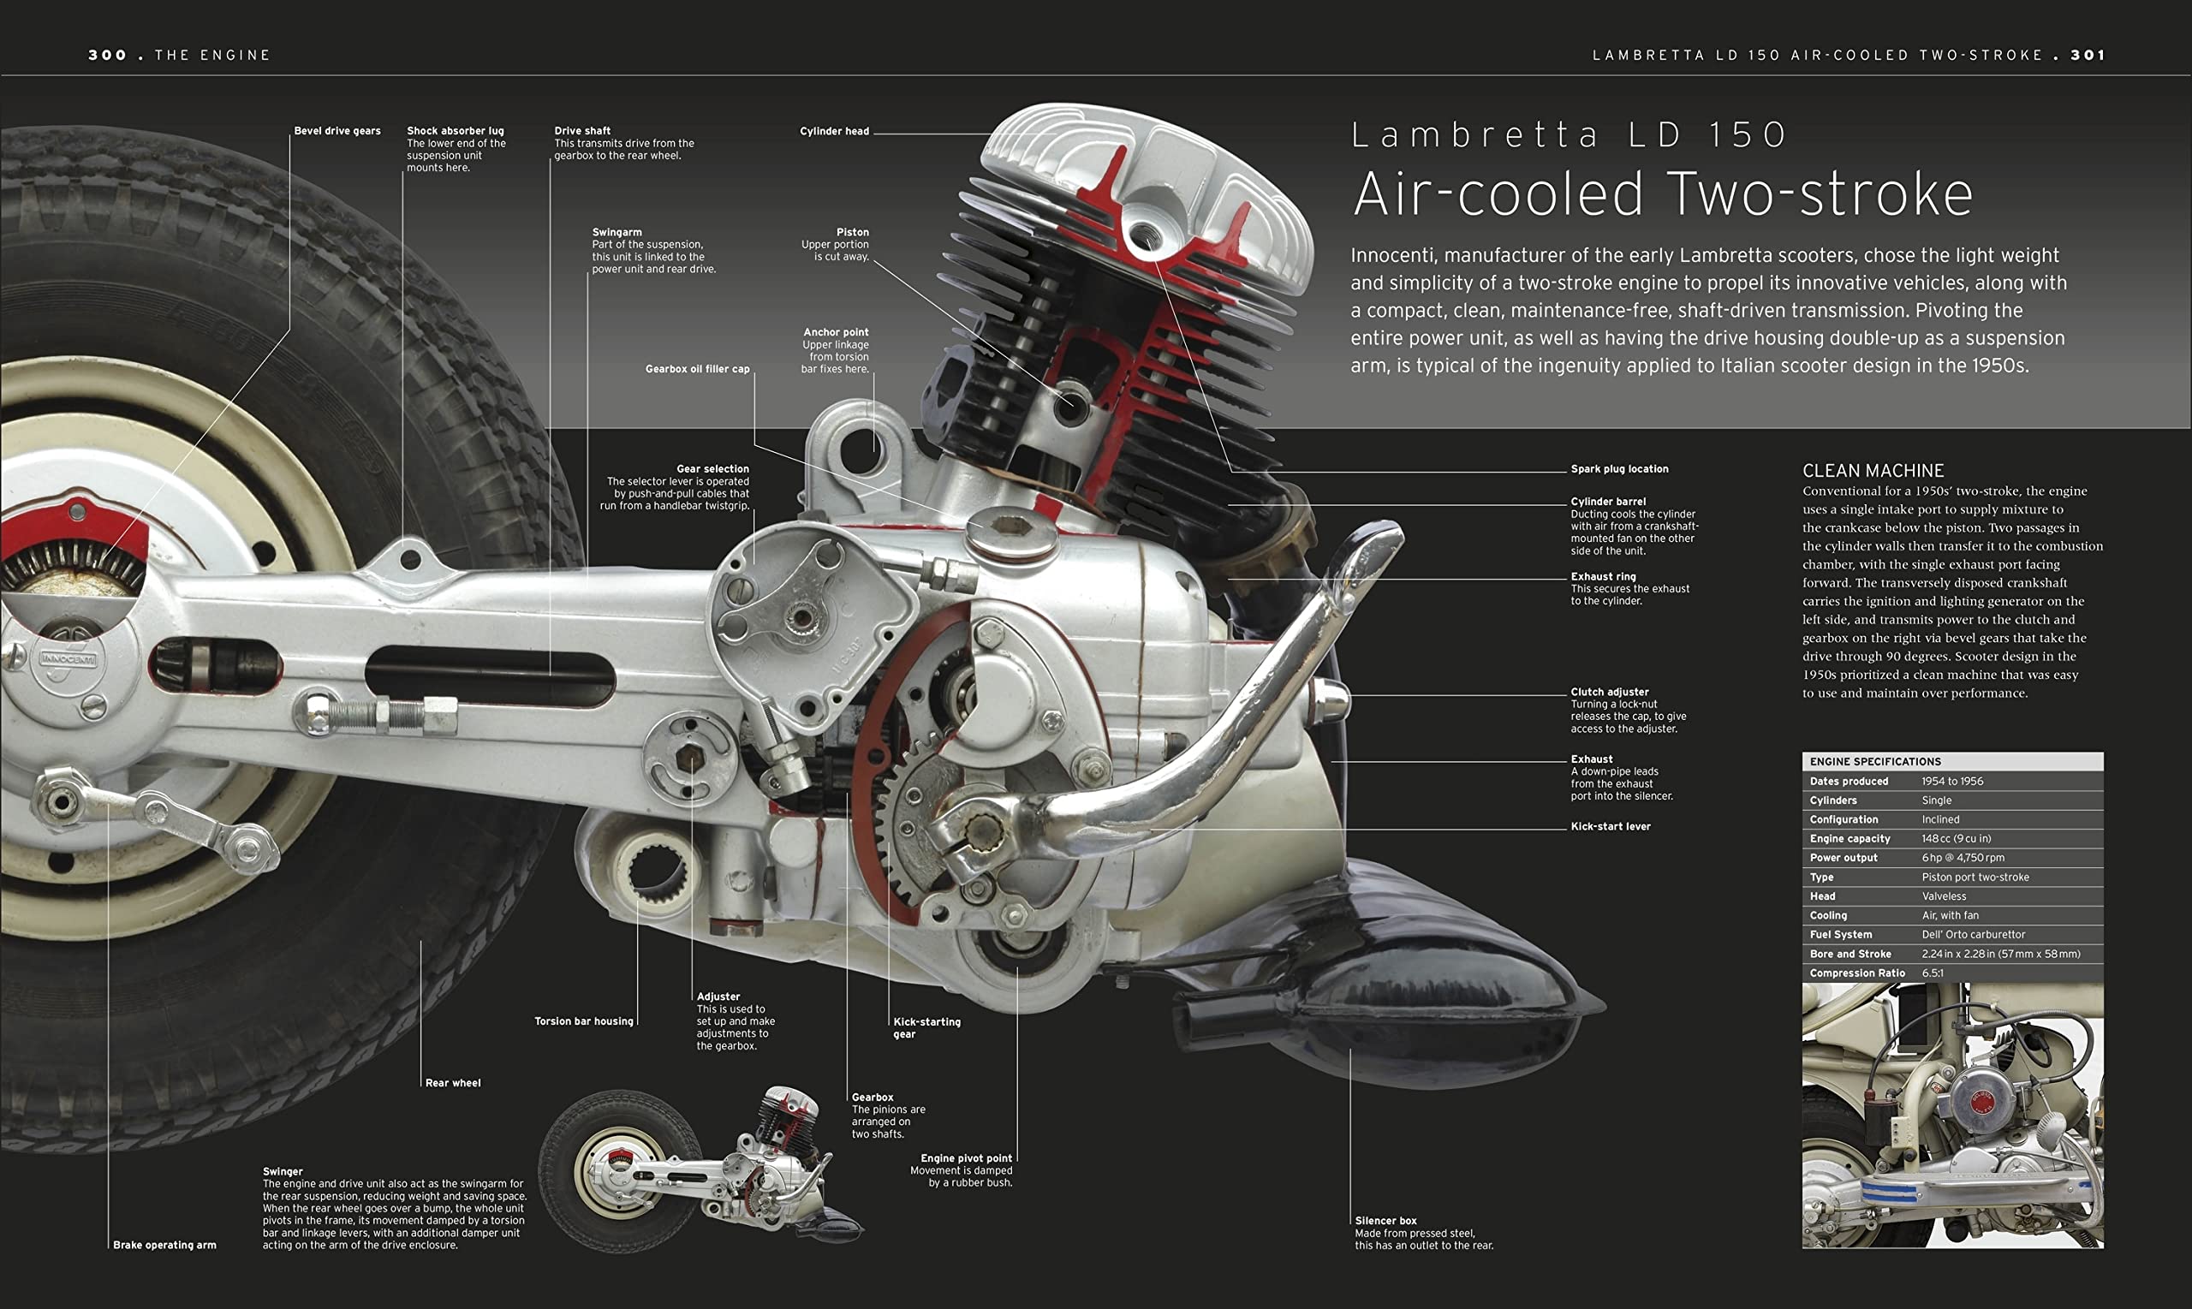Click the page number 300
[x=107, y=55]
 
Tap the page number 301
[x=2088, y=55]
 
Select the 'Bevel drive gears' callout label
[x=337, y=130]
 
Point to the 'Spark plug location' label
[x=1618, y=469]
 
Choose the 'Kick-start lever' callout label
[x=1610, y=826]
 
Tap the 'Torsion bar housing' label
[x=583, y=1021]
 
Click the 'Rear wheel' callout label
[x=452, y=1083]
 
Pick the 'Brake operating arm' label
[x=164, y=1246]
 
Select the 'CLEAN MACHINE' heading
[x=1873, y=471]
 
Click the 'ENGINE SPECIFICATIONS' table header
[x=1874, y=761]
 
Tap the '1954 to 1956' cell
[x=1951, y=782]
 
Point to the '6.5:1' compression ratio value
[x=1932, y=973]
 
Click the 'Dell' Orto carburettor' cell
[x=1974, y=935]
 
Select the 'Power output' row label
[x=1843, y=857]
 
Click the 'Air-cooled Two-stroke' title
[x=1662, y=194]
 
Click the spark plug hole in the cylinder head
[x=1144, y=235]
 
